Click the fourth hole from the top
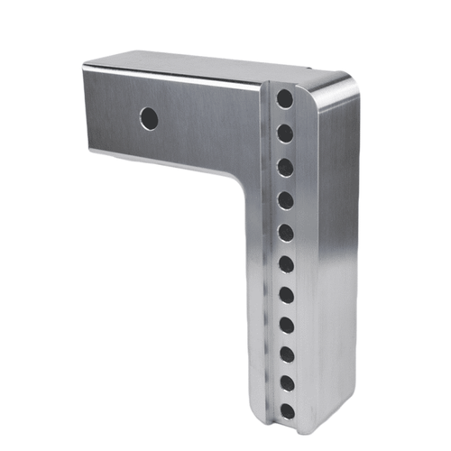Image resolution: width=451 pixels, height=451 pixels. point(284,199)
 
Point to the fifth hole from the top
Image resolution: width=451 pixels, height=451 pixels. point(285,232)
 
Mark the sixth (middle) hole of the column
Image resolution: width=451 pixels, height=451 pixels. point(285,264)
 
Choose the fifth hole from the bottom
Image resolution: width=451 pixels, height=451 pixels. point(285,295)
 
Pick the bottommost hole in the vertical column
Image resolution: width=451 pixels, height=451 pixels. point(287,411)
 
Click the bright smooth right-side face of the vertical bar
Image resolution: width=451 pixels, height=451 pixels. point(334,253)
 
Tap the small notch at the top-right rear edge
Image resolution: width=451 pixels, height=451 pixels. point(310,69)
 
